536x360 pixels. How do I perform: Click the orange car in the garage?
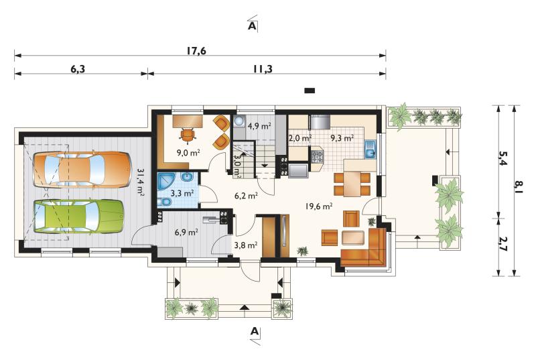pyautogui.click(x=82, y=169)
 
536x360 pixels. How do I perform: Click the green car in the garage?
pyautogui.click(x=78, y=216)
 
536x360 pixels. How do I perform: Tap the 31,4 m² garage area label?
pyautogui.click(x=140, y=181)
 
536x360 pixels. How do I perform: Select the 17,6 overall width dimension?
pyautogui.click(x=196, y=50)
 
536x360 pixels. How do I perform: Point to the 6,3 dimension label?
pyautogui.click(x=78, y=70)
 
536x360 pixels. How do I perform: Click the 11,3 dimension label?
pyautogui.click(x=263, y=70)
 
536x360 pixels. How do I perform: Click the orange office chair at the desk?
pyautogui.click(x=188, y=134)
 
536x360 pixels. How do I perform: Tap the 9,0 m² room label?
pyautogui.click(x=188, y=152)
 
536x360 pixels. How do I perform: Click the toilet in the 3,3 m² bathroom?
pyautogui.click(x=164, y=202)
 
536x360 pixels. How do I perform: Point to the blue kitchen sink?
pyautogui.click(x=370, y=149)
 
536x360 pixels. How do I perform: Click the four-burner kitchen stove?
pyautogui.click(x=317, y=157)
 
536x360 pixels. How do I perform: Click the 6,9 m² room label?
pyautogui.click(x=186, y=233)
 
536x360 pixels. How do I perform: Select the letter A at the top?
pyautogui.click(x=252, y=25)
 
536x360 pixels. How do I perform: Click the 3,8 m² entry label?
pyautogui.click(x=246, y=245)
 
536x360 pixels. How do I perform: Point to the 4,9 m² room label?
pyautogui.click(x=259, y=126)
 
